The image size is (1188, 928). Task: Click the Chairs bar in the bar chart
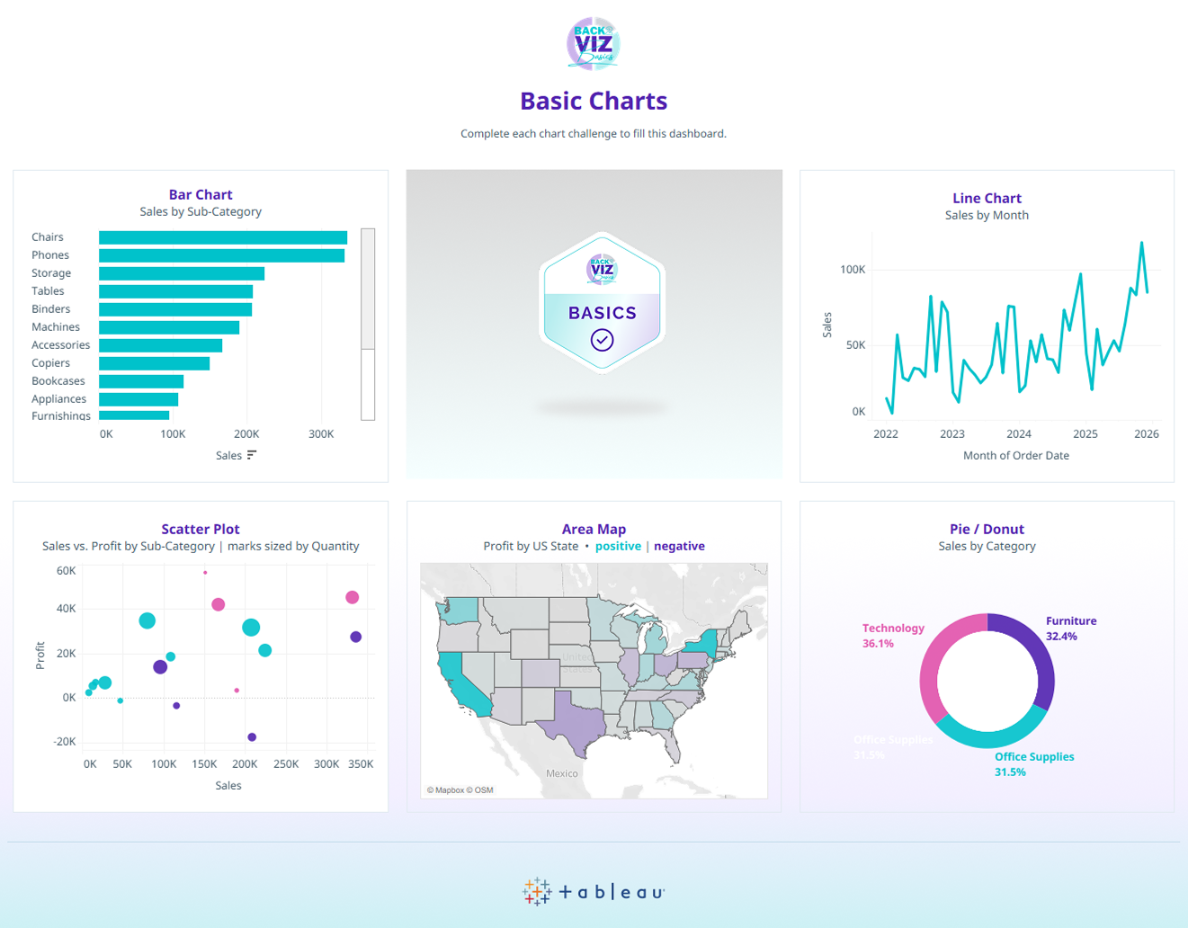point(222,237)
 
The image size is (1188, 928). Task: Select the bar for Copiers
point(154,363)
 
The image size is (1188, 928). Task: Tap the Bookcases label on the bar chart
point(58,381)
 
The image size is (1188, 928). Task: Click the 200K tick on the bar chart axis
point(246,434)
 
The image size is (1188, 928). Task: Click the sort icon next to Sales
point(252,455)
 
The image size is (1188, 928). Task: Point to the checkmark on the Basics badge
point(602,340)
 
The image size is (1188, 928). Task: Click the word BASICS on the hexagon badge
point(602,313)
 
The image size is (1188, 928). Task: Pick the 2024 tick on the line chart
point(1018,434)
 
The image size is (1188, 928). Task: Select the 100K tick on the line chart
point(852,270)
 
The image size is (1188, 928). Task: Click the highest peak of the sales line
point(1142,243)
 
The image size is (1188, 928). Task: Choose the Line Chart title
point(987,198)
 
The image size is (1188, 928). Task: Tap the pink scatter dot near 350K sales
point(353,597)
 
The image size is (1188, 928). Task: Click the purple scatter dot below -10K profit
point(252,737)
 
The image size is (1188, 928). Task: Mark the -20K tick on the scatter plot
point(65,742)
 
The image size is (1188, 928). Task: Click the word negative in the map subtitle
point(679,546)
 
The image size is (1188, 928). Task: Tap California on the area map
point(460,683)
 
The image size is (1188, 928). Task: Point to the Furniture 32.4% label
point(1070,629)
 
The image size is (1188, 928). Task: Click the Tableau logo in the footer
point(594,891)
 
